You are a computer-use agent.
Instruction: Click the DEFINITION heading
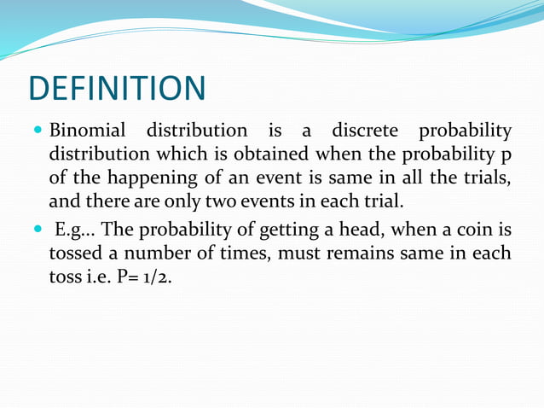(117, 89)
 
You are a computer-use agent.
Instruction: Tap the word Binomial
(88, 132)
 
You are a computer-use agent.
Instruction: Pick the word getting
(293, 231)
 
